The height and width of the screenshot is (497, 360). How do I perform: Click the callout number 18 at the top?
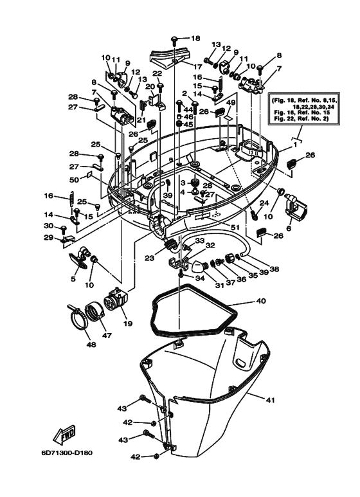(x=195, y=38)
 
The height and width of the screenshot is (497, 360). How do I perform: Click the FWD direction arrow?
(x=67, y=437)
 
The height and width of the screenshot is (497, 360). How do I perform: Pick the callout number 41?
(x=270, y=400)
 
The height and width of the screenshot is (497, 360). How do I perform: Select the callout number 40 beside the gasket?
(x=260, y=300)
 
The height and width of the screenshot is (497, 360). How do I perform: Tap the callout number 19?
(x=128, y=323)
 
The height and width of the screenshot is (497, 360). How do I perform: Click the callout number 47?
(x=107, y=336)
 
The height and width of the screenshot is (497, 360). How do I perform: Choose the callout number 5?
(x=73, y=279)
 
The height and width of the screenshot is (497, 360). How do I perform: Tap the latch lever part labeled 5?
(x=78, y=260)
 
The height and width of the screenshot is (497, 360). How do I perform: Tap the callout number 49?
(x=230, y=102)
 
